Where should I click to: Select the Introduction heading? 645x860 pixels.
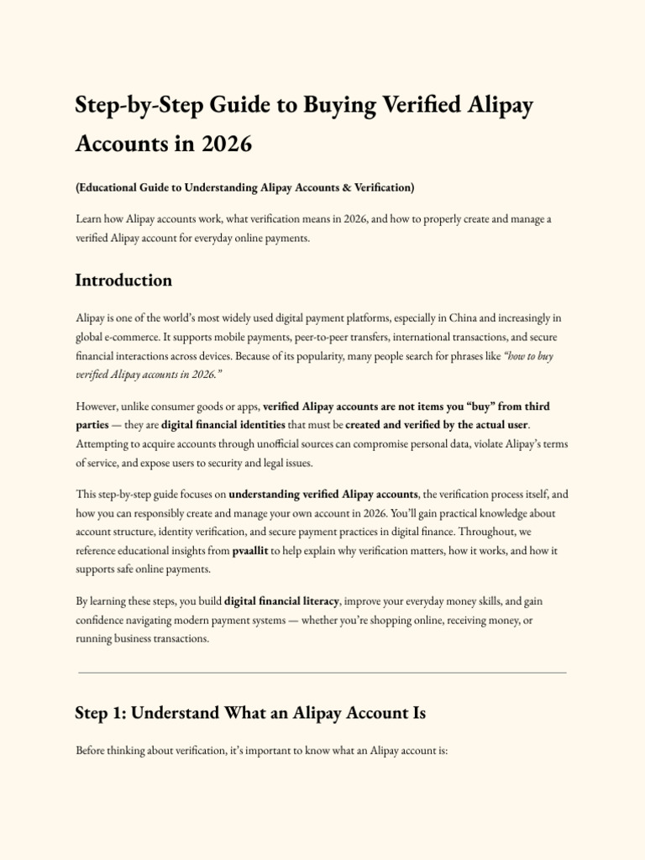click(x=123, y=281)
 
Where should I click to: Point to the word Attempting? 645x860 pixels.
click(x=105, y=443)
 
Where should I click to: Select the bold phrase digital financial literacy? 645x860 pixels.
click(x=282, y=601)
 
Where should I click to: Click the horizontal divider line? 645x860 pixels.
click(x=322, y=673)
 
